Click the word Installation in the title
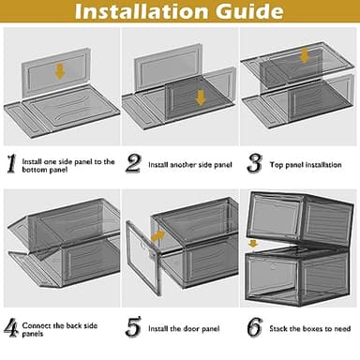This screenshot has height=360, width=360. pos(142,13)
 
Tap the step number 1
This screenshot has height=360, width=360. pos(11,165)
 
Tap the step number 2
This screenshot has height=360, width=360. pos(133,165)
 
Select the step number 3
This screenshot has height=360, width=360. pos(254,165)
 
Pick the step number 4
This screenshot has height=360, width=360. pos(11,327)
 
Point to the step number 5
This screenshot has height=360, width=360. pos(133,327)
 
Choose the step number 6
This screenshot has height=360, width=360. pos(254,327)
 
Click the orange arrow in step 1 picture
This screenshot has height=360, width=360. pos(59,70)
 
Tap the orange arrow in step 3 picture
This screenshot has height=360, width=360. pos(303,54)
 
